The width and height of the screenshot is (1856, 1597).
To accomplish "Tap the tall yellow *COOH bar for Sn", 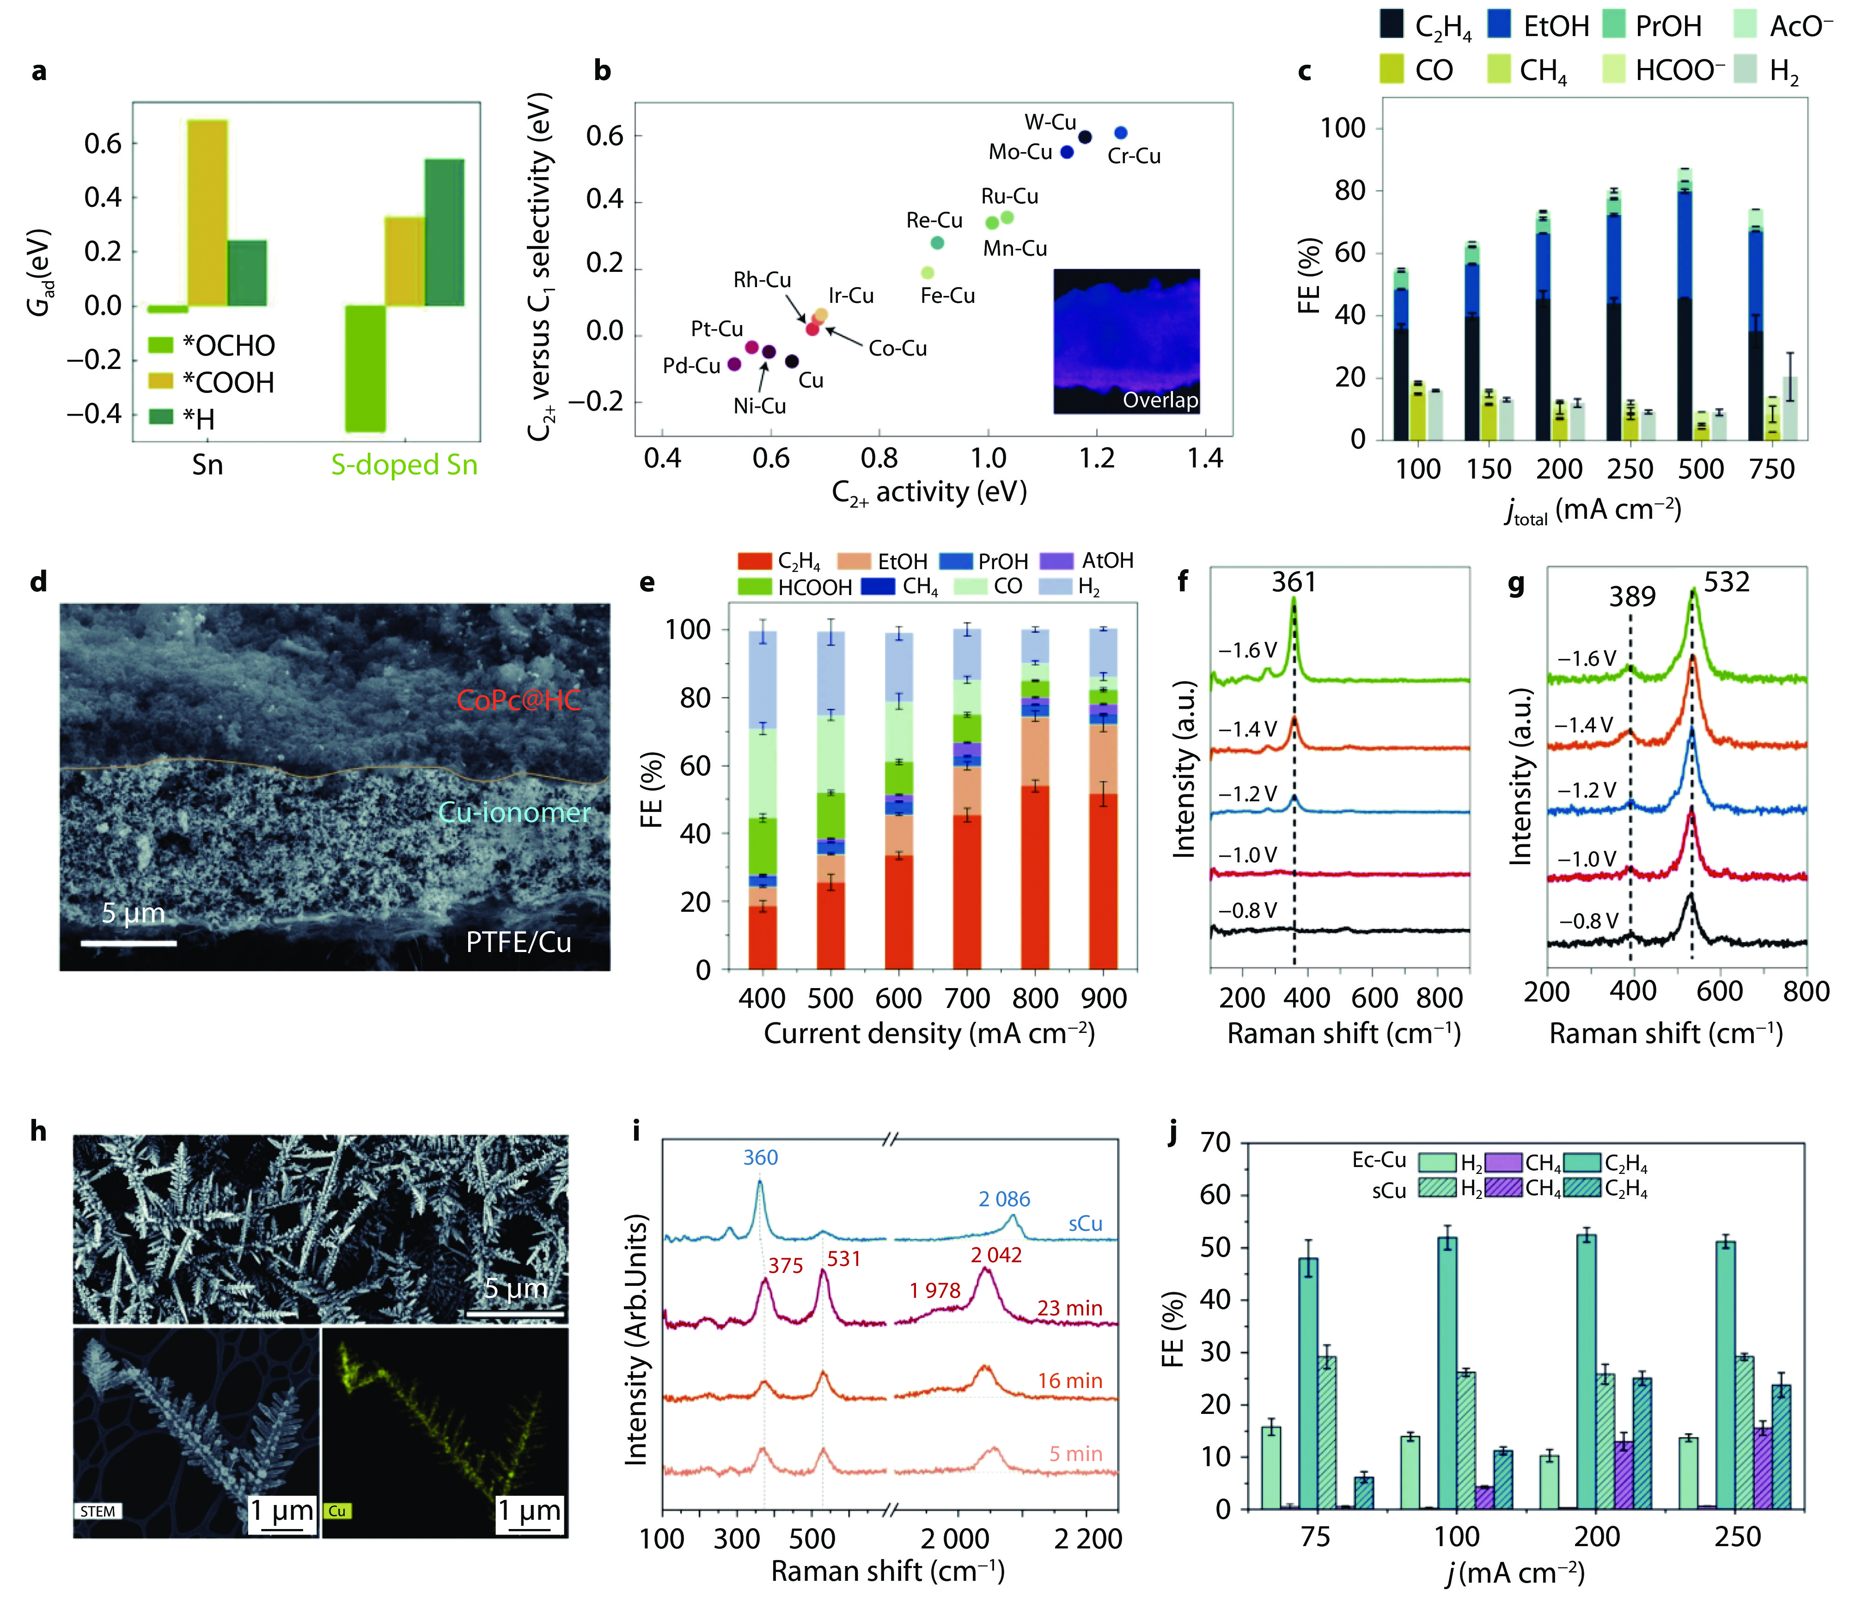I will coord(207,212).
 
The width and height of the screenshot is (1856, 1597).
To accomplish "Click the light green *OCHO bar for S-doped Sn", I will coord(366,369).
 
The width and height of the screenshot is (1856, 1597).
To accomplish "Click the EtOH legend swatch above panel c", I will coord(1500,25).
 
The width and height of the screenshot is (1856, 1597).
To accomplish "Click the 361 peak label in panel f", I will coord(1294,583).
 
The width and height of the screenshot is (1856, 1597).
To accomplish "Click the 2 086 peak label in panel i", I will coord(1004,1199).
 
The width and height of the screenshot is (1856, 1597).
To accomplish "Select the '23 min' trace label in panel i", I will coord(1069,1308).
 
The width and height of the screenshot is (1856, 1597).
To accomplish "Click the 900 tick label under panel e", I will coord(1104,998).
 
